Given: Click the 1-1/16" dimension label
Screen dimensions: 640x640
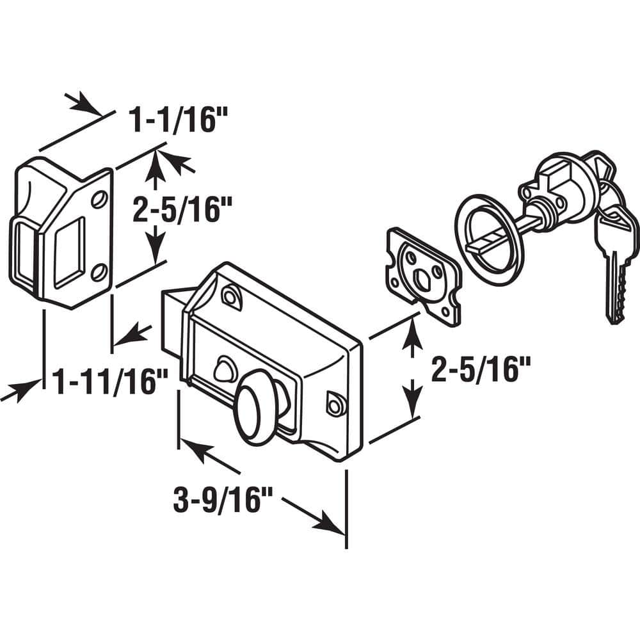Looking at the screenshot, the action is (178, 120).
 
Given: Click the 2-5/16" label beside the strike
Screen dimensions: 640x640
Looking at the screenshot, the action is (182, 209).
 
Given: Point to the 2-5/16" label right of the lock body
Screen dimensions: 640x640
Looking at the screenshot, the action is (481, 369).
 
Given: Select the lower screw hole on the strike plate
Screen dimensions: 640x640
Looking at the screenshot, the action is (99, 273).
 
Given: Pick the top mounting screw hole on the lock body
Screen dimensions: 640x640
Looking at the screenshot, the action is (230, 294).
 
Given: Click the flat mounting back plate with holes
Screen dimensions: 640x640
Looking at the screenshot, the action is (423, 276).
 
